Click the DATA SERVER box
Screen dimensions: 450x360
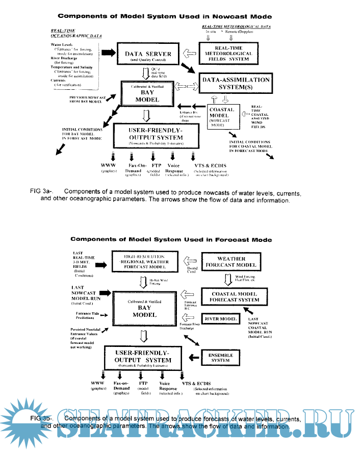coord(148,55)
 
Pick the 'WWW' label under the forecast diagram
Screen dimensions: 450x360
coord(97,383)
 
